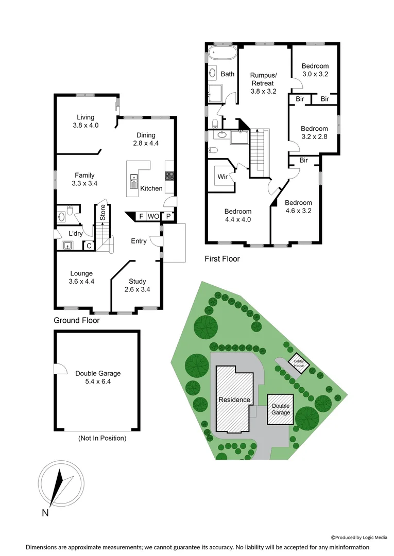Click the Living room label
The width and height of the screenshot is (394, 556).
pos(85,121)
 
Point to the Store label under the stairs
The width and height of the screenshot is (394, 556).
pos(102,213)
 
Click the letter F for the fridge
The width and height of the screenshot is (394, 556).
pos(141,216)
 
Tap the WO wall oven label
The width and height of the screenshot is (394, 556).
pos(153,216)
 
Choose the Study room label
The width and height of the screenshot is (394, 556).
pos(138,285)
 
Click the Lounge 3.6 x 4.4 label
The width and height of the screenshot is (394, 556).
pos(82,277)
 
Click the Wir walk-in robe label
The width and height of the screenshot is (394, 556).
pos(222,177)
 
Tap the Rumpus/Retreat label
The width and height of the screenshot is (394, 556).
pos(263,83)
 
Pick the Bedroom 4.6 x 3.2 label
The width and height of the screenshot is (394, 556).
pos(298,206)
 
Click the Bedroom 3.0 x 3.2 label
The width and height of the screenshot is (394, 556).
pos(315,70)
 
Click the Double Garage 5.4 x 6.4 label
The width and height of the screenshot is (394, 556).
pos(98,377)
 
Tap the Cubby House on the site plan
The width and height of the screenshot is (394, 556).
pos(299,362)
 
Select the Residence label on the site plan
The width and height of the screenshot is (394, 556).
pos(234,400)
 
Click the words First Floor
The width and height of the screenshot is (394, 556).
pos(222,259)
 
